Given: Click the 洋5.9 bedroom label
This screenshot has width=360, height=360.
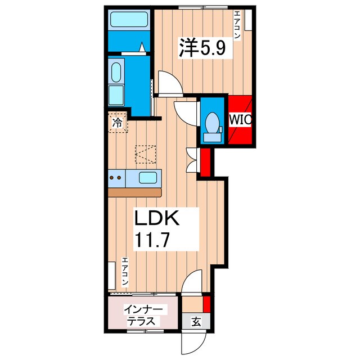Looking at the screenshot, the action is (x=202, y=48).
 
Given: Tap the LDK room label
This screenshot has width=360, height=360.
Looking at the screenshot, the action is (x=157, y=218).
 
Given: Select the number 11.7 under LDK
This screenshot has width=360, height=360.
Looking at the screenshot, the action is (x=152, y=240).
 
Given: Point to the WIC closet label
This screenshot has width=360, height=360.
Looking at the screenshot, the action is (x=241, y=119).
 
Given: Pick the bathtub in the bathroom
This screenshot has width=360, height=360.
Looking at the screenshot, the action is (x=129, y=20).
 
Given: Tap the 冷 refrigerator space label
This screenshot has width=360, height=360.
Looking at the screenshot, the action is (x=117, y=123).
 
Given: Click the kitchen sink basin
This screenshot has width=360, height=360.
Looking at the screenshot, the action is (x=148, y=178).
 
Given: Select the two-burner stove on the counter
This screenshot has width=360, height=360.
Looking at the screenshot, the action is (x=116, y=178).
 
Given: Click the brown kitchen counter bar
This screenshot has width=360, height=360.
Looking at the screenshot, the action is (x=135, y=192).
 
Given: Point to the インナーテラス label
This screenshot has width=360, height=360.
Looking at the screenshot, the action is (x=143, y=315).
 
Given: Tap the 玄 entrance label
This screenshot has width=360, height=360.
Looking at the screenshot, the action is (x=196, y=322).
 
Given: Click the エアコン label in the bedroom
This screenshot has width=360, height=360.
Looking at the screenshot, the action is (x=237, y=25).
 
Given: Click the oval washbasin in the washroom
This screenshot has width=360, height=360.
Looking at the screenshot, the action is (x=116, y=73).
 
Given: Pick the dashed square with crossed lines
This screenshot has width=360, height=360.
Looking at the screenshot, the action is (x=146, y=154).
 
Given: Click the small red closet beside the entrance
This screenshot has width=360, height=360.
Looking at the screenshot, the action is (x=206, y=304).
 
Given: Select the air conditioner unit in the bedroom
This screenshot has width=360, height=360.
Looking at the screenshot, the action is (x=248, y=20).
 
